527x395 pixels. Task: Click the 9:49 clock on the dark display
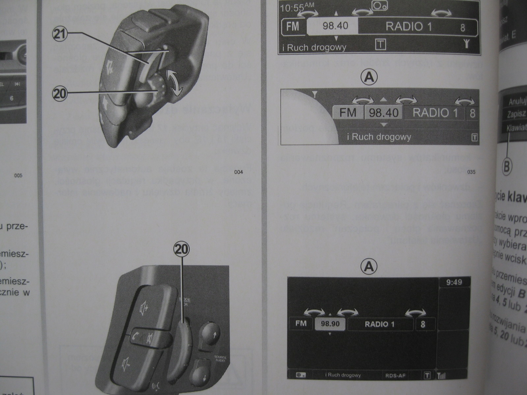454,282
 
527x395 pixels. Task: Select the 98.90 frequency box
330,324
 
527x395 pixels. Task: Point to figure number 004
238,172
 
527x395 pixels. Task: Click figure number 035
471,172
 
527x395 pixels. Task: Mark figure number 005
18,175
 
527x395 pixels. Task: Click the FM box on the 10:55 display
293,26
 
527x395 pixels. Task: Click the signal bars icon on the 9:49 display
441,376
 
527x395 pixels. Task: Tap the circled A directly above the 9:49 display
369,266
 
